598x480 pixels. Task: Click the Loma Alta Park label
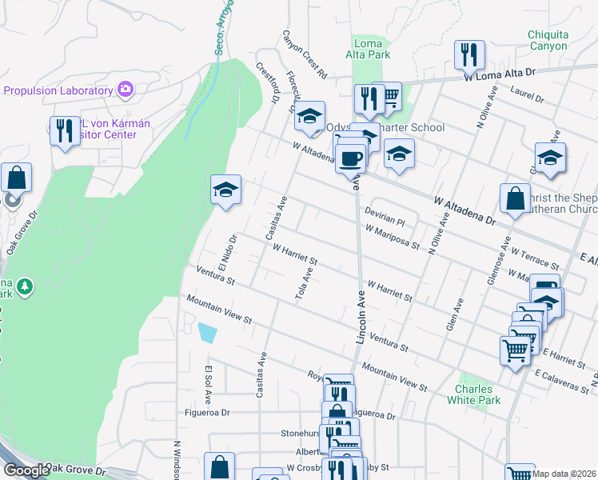[371, 50]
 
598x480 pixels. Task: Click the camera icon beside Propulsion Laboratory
[125, 89]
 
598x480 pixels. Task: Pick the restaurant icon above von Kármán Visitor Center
[65, 130]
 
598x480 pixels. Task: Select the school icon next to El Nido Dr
[226, 190]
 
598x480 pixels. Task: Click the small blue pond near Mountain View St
[206, 332]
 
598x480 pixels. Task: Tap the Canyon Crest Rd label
[305, 54]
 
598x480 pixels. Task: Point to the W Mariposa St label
[393, 237]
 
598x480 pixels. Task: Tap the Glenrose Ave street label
[496, 261]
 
